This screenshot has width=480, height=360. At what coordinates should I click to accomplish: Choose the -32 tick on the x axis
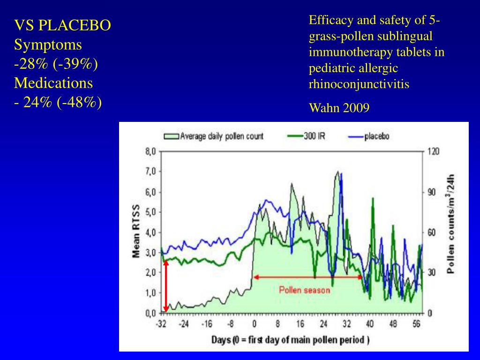(161, 323)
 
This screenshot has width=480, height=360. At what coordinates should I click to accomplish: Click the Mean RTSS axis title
(136, 232)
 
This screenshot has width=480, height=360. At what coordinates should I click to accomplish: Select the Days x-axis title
(290, 340)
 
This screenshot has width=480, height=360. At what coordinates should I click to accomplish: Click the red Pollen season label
(305, 290)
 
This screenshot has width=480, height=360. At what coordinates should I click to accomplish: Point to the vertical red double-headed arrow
(165, 285)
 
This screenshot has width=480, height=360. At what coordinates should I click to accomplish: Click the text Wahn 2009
(339, 108)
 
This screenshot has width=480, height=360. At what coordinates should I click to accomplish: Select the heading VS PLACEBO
(62, 25)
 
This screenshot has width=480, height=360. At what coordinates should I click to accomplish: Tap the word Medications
(53, 83)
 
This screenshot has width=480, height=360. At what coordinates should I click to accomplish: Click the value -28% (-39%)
(56, 64)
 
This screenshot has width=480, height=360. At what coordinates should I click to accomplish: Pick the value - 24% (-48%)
(58, 102)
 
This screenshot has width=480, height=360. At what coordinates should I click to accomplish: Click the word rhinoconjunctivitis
(359, 84)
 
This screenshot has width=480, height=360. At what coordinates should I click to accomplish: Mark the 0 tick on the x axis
(254, 323)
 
